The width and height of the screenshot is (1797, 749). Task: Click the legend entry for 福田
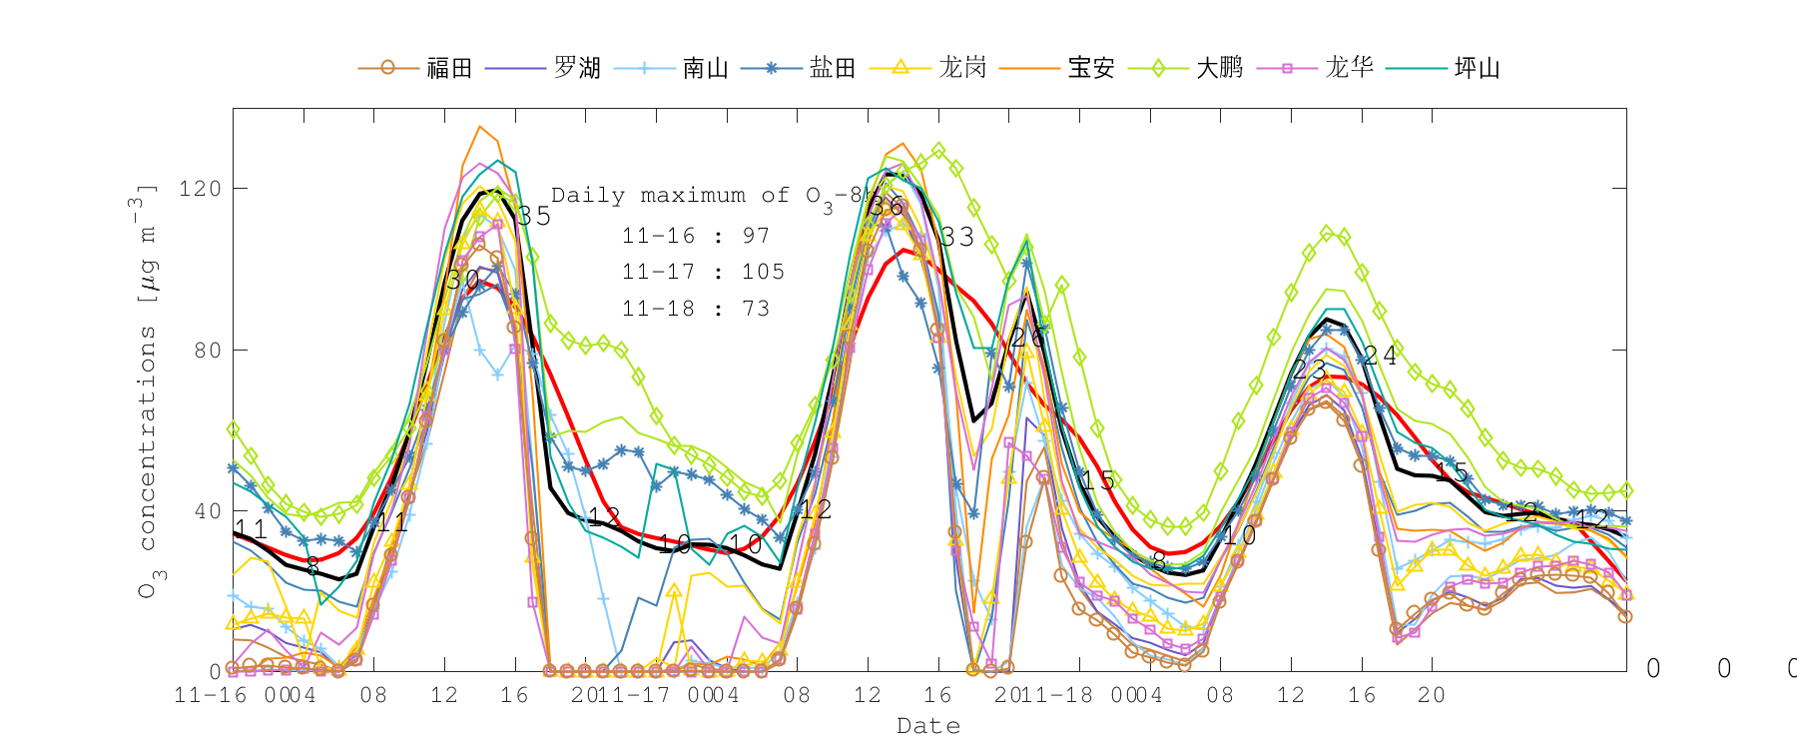point(448,68)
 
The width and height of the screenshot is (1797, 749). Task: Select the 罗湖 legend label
point(577,68)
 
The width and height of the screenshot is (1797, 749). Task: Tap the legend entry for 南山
point(705,68)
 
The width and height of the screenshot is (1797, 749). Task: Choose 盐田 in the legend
point(833,68)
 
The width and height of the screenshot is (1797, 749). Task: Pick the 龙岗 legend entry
point(962,68)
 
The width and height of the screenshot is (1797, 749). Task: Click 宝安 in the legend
point(1091,68)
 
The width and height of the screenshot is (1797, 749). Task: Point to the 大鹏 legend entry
point(1220,68)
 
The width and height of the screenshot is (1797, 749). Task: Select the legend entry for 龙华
point(1349,68)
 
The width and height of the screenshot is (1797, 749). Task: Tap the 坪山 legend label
point(1478,68)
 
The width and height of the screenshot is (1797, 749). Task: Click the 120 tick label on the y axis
point(200,189)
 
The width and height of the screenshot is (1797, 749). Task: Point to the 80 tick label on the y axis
point(207,351)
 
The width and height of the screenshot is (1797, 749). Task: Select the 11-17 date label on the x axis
point(636,695)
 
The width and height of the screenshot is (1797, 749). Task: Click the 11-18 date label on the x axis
point(1058,695)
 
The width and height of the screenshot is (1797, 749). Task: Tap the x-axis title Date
point(928,726)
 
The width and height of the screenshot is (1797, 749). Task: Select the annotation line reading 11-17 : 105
point(703,272)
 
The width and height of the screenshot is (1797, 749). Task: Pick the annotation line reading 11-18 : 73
point(696,309)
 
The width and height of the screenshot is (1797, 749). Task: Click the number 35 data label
point(534,216)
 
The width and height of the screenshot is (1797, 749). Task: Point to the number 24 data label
point(1381,355)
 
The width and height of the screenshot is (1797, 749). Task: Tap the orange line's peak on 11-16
point(480,127)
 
